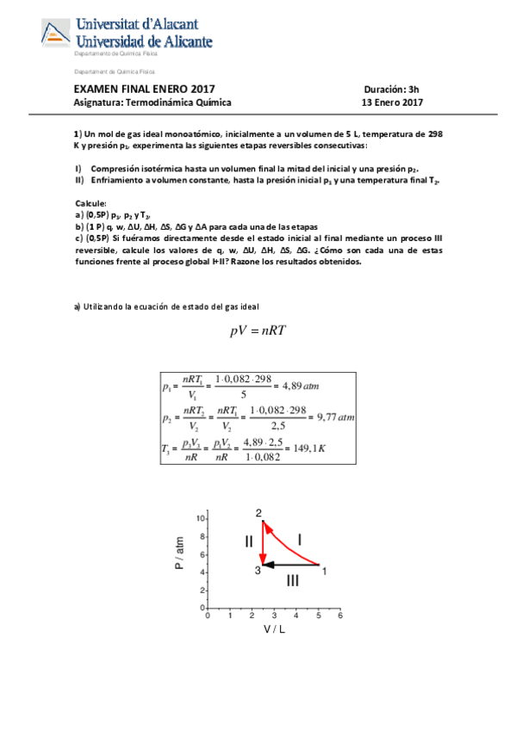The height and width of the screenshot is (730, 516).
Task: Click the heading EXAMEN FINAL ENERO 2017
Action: tap(144, 89)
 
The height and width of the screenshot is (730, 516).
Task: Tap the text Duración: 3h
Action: tap(391, 89)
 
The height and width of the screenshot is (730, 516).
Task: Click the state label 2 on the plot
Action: tap(258, 513)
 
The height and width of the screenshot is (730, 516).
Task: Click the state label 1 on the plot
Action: tap(324, 569)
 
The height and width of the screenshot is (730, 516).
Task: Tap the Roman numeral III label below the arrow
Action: tap(293, 581)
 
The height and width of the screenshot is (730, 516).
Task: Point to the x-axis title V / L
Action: tap(275, 628)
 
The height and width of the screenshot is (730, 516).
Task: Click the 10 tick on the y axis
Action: tap(201, 519)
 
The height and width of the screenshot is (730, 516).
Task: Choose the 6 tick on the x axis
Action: tap(340, 616)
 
